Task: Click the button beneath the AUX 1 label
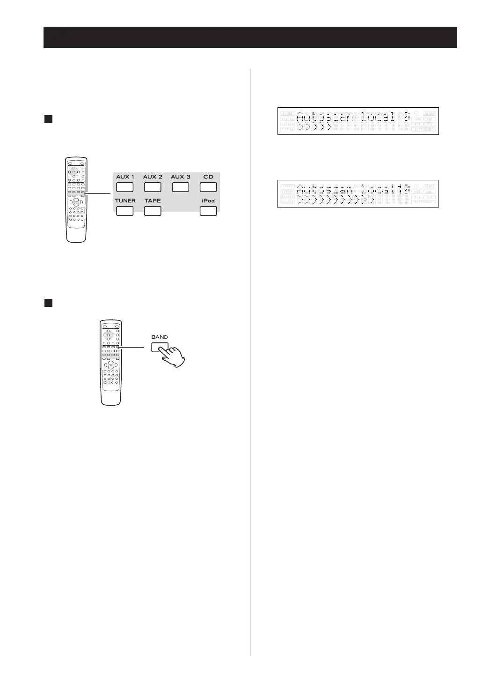[x=125, y=187]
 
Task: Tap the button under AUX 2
[x=153, y=187]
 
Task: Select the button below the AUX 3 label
[x=180, y=187]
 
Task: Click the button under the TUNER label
[x=125, y=211]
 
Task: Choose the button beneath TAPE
[x=153, y=211]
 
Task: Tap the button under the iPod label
[x=208, y=211]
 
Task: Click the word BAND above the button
[x=160, y=337]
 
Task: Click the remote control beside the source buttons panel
[x=76, y=200]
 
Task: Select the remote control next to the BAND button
[x=110, y=362]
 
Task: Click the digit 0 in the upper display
[x=407, y=116]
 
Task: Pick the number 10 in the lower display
[x=403, y=189]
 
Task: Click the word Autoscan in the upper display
[x=325, y=116]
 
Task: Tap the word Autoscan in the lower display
[x=325, y=189]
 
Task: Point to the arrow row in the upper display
[x=315, y=127]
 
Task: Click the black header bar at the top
[x=250, y=37]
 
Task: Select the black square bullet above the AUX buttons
[x=48, y=119]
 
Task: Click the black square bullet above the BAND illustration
[x=48, y=303]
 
